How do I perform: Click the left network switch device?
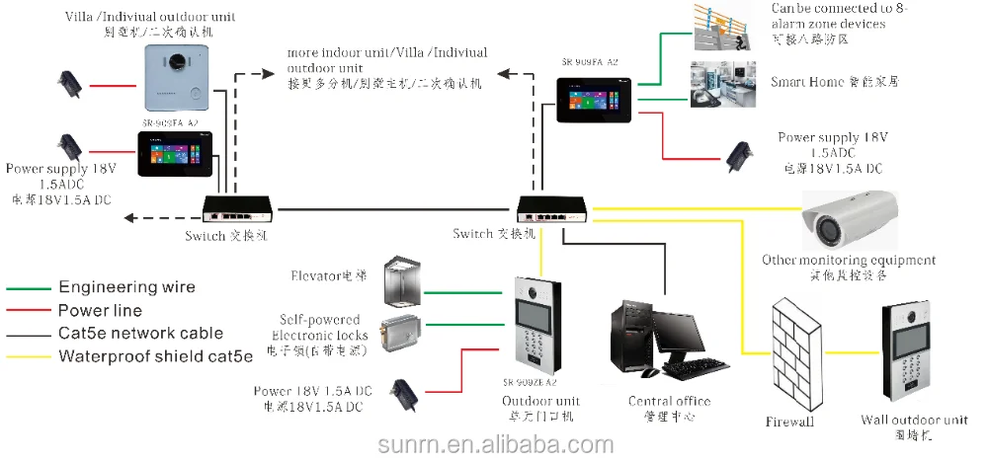(237, 208)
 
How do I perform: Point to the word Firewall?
(789, 422)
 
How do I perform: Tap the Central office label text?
(669, 401)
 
